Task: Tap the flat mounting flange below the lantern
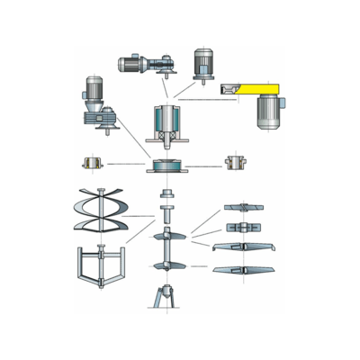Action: tap(167, 166)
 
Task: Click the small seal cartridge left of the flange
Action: tap(90, 164)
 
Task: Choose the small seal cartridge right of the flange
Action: tap(235, 163)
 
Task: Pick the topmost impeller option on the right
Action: tap(244, 208)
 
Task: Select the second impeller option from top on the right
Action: tap(244, 227)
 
